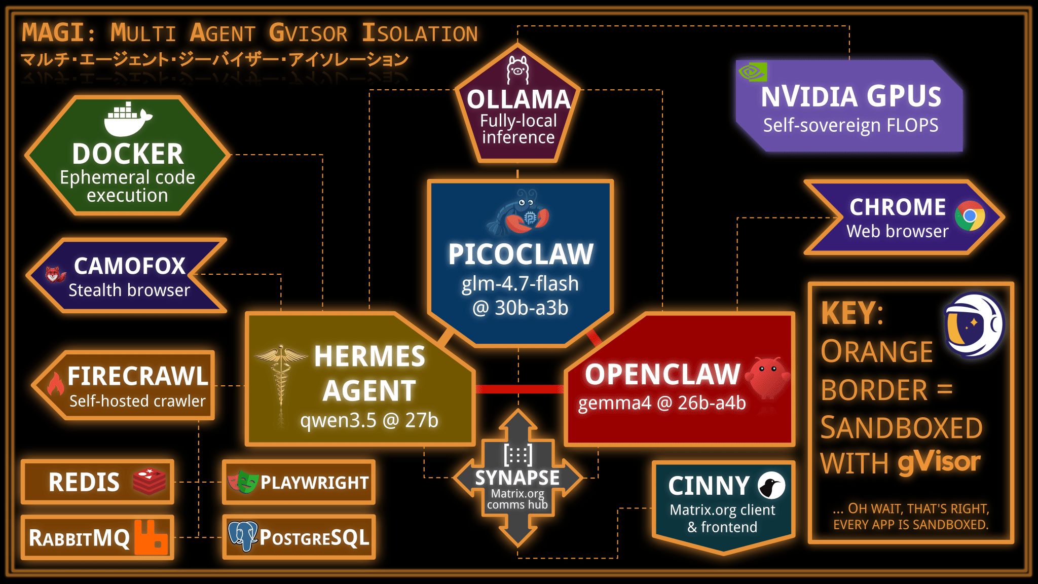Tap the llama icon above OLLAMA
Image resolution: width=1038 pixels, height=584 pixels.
[517, 70]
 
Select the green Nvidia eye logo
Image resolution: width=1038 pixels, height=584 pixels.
[753, 72]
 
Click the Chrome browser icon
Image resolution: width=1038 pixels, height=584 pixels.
[970, 216]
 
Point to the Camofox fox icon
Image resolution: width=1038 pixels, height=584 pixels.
[54, 275]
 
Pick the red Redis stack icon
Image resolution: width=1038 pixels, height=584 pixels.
[150, 481]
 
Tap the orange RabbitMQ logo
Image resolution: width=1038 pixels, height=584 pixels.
[151, 537]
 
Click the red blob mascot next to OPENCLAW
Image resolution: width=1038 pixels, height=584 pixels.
[768, 378]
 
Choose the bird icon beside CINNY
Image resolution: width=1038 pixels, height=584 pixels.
[771, 486]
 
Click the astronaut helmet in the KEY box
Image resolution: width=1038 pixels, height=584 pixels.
[974, 324]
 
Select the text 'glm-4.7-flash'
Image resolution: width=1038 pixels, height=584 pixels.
[520, 284]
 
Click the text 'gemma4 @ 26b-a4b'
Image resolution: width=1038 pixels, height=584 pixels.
[661, 403]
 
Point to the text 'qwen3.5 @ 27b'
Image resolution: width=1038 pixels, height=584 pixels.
[369, 420]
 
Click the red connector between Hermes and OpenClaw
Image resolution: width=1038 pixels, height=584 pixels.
[520, 389]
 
